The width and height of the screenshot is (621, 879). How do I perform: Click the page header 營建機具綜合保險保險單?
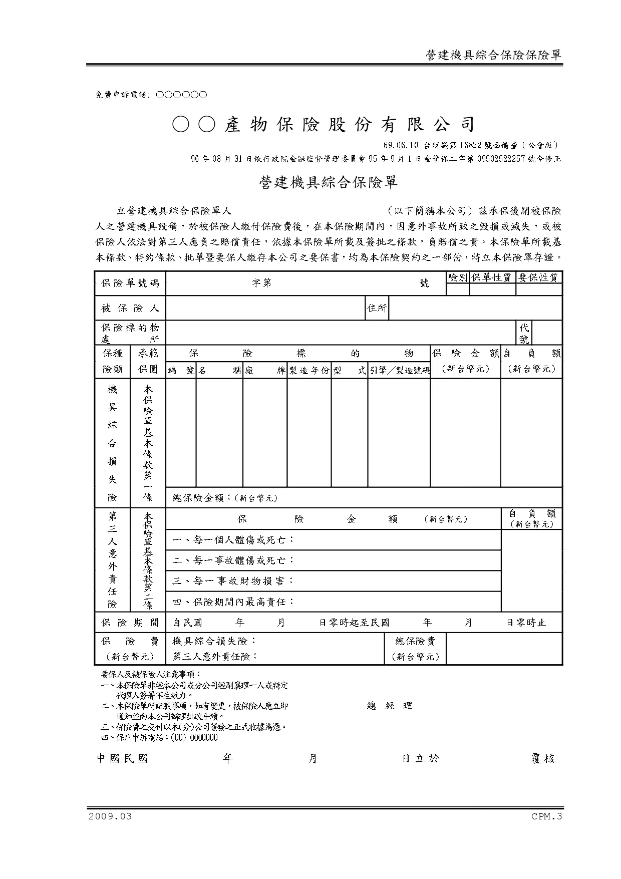coord(493,55)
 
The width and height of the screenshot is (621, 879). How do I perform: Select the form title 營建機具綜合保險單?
coord(328,183)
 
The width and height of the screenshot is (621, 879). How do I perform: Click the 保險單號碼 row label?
coord(130,283)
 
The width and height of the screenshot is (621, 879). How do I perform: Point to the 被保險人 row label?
coord(130,308)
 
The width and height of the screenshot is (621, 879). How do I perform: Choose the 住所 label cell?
coord(377,308)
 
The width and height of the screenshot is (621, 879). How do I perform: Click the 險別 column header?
coord(457,277)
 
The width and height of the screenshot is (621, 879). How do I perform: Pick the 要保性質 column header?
coord(539,277)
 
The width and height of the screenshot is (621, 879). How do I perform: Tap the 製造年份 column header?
coord(309,371)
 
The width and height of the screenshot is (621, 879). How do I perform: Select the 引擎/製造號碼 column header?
coord(399,371)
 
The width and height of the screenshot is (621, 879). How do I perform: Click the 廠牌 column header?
coord(265,371)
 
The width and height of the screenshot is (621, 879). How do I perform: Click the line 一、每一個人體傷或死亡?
coord(233,540)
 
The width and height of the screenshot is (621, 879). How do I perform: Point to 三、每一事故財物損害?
coord(233,581)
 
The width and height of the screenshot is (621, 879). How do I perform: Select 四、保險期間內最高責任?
coord(233,602)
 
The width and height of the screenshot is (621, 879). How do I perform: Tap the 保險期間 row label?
coord(130,623)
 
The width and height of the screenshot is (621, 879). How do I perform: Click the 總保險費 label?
coord(415,641)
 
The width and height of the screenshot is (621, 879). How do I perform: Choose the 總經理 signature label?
coord(390,706)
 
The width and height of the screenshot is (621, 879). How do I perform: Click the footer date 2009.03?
coord(110,816)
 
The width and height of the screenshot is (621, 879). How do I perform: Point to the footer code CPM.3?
coord(547,816)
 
